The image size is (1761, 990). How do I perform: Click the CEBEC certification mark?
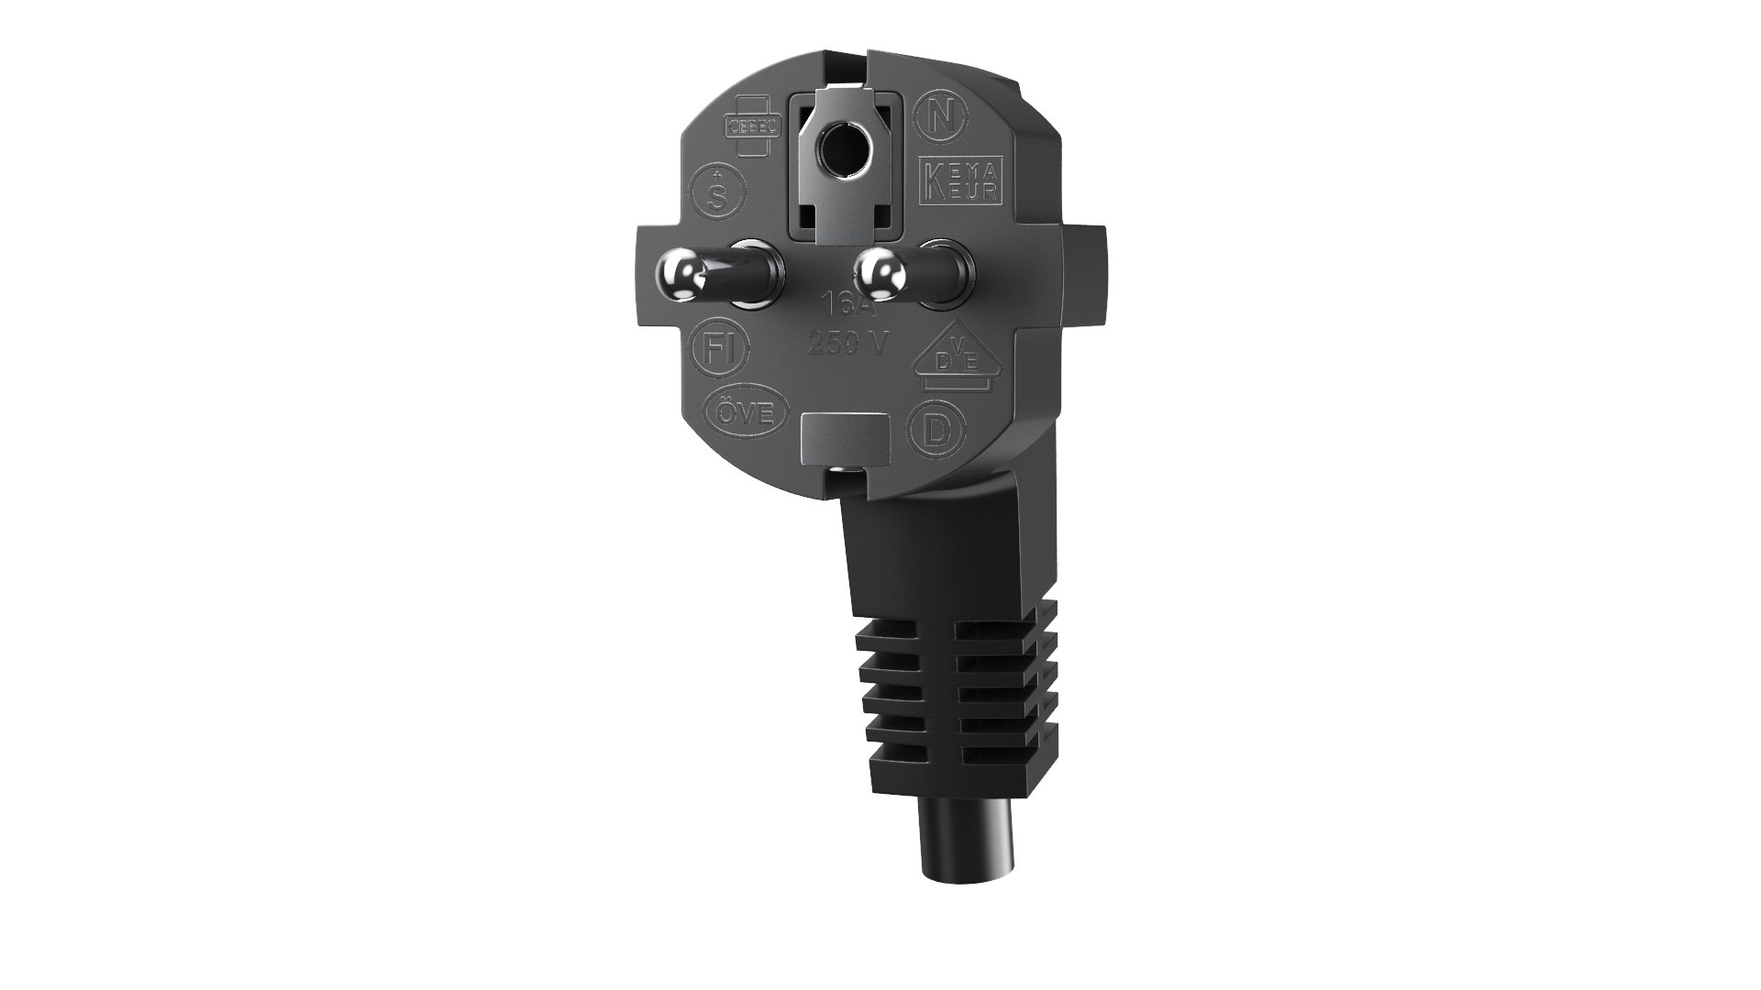752,127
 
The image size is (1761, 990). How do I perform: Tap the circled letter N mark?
937,115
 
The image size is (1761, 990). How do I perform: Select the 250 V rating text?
848,344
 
